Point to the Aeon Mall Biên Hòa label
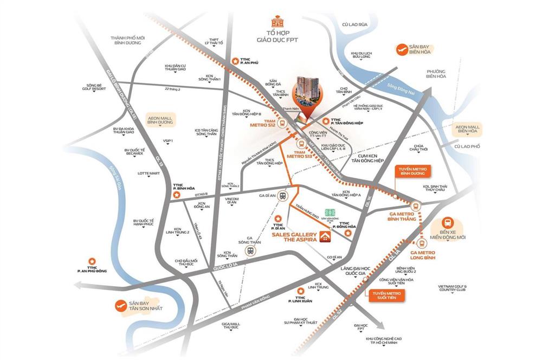(467, 128)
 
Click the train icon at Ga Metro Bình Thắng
(416, 206)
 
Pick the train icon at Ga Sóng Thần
(250, 250)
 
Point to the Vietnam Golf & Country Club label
(453, 288)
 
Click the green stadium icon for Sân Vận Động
(329, 213)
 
